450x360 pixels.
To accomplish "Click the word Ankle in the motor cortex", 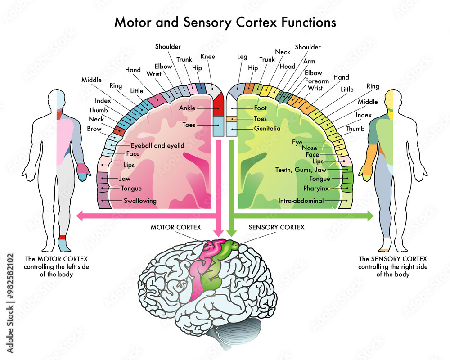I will click(187, 108).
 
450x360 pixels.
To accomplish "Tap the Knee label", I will click(208, 57).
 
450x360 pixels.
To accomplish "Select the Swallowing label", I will click(140, 201).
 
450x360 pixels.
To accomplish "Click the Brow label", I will click(94, 129).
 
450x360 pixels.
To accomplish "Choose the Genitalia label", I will click(267, 129).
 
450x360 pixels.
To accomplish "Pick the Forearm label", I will click(317, 81).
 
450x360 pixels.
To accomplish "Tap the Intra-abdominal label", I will click(301, 201).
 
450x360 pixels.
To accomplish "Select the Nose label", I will click(309, 148).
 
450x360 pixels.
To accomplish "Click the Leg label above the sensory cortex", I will click(242, 57).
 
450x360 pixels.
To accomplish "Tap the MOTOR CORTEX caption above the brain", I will click(175, 228).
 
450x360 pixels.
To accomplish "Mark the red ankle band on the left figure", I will click(62, 238).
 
